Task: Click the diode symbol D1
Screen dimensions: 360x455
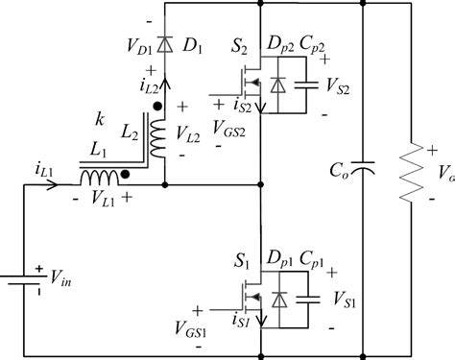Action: tap(165, 44)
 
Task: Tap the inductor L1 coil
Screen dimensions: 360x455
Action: tap(101, 179)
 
